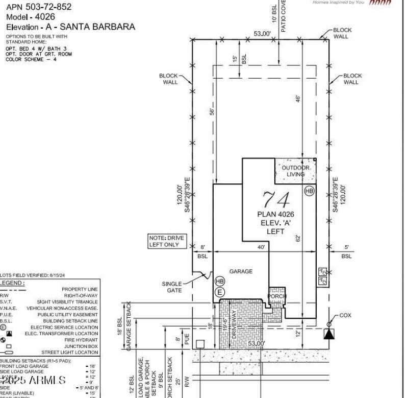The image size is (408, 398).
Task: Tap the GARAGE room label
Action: pos(241,271)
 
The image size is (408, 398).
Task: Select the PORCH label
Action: pos(277,296)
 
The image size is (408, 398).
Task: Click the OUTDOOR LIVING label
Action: pos(296,171)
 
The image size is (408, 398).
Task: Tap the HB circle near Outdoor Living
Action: pos(309,191)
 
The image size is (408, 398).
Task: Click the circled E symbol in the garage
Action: pos(220,292)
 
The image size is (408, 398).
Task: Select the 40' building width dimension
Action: pos(261,247)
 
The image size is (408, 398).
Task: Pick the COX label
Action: pos(345,315)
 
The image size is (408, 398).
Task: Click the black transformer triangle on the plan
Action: pos(329,334)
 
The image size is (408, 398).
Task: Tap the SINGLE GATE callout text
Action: pos(171,287)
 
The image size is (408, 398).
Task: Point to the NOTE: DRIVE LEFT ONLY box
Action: pos(166,241)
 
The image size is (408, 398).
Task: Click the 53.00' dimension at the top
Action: pos(262,34)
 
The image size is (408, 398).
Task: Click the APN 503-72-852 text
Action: pos(39,7)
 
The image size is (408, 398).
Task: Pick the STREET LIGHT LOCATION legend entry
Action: pos(70,353)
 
